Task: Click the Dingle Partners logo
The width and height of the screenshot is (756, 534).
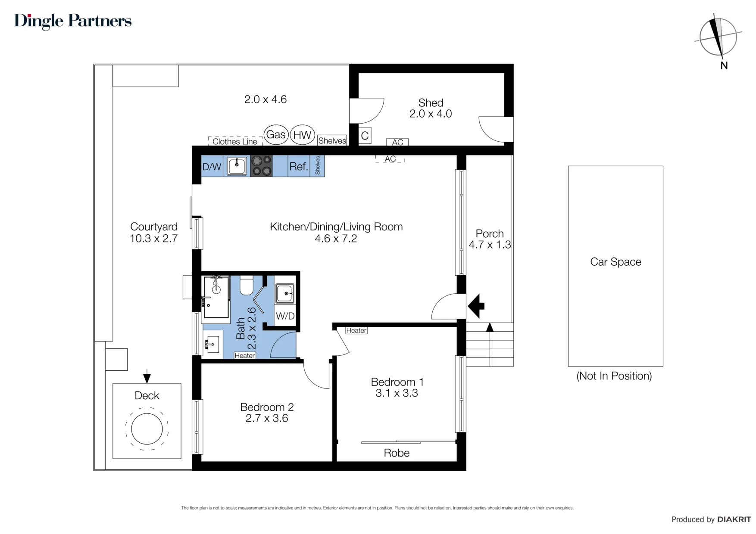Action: (73, 21)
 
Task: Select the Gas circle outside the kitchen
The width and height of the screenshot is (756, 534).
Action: (276, 135)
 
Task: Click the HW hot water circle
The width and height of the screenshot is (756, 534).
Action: (302, 135)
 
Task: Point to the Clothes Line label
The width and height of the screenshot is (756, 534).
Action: (234, 141)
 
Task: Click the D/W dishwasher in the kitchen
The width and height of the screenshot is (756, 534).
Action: (212, 167)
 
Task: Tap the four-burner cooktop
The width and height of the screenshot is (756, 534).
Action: (262, 166)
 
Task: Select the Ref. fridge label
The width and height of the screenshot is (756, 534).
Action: (298, 167)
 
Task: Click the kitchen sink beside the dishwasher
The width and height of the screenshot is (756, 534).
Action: (237, 166)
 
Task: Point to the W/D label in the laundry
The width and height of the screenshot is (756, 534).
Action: (285, 316)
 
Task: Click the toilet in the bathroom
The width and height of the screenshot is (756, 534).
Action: (247, 285)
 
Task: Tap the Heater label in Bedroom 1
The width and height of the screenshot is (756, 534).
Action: (356, 330)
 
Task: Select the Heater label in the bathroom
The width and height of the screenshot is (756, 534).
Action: (244, 355)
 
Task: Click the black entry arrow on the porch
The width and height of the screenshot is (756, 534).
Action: (476, 306)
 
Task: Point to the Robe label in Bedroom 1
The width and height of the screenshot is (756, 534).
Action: (397, 453)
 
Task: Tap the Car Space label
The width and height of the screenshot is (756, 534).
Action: (615, 262)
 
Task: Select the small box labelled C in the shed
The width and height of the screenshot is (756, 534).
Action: (365, 136)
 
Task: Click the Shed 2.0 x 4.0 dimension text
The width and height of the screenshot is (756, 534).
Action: (431, 114)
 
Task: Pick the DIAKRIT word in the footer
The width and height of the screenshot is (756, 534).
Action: (734, 519)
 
